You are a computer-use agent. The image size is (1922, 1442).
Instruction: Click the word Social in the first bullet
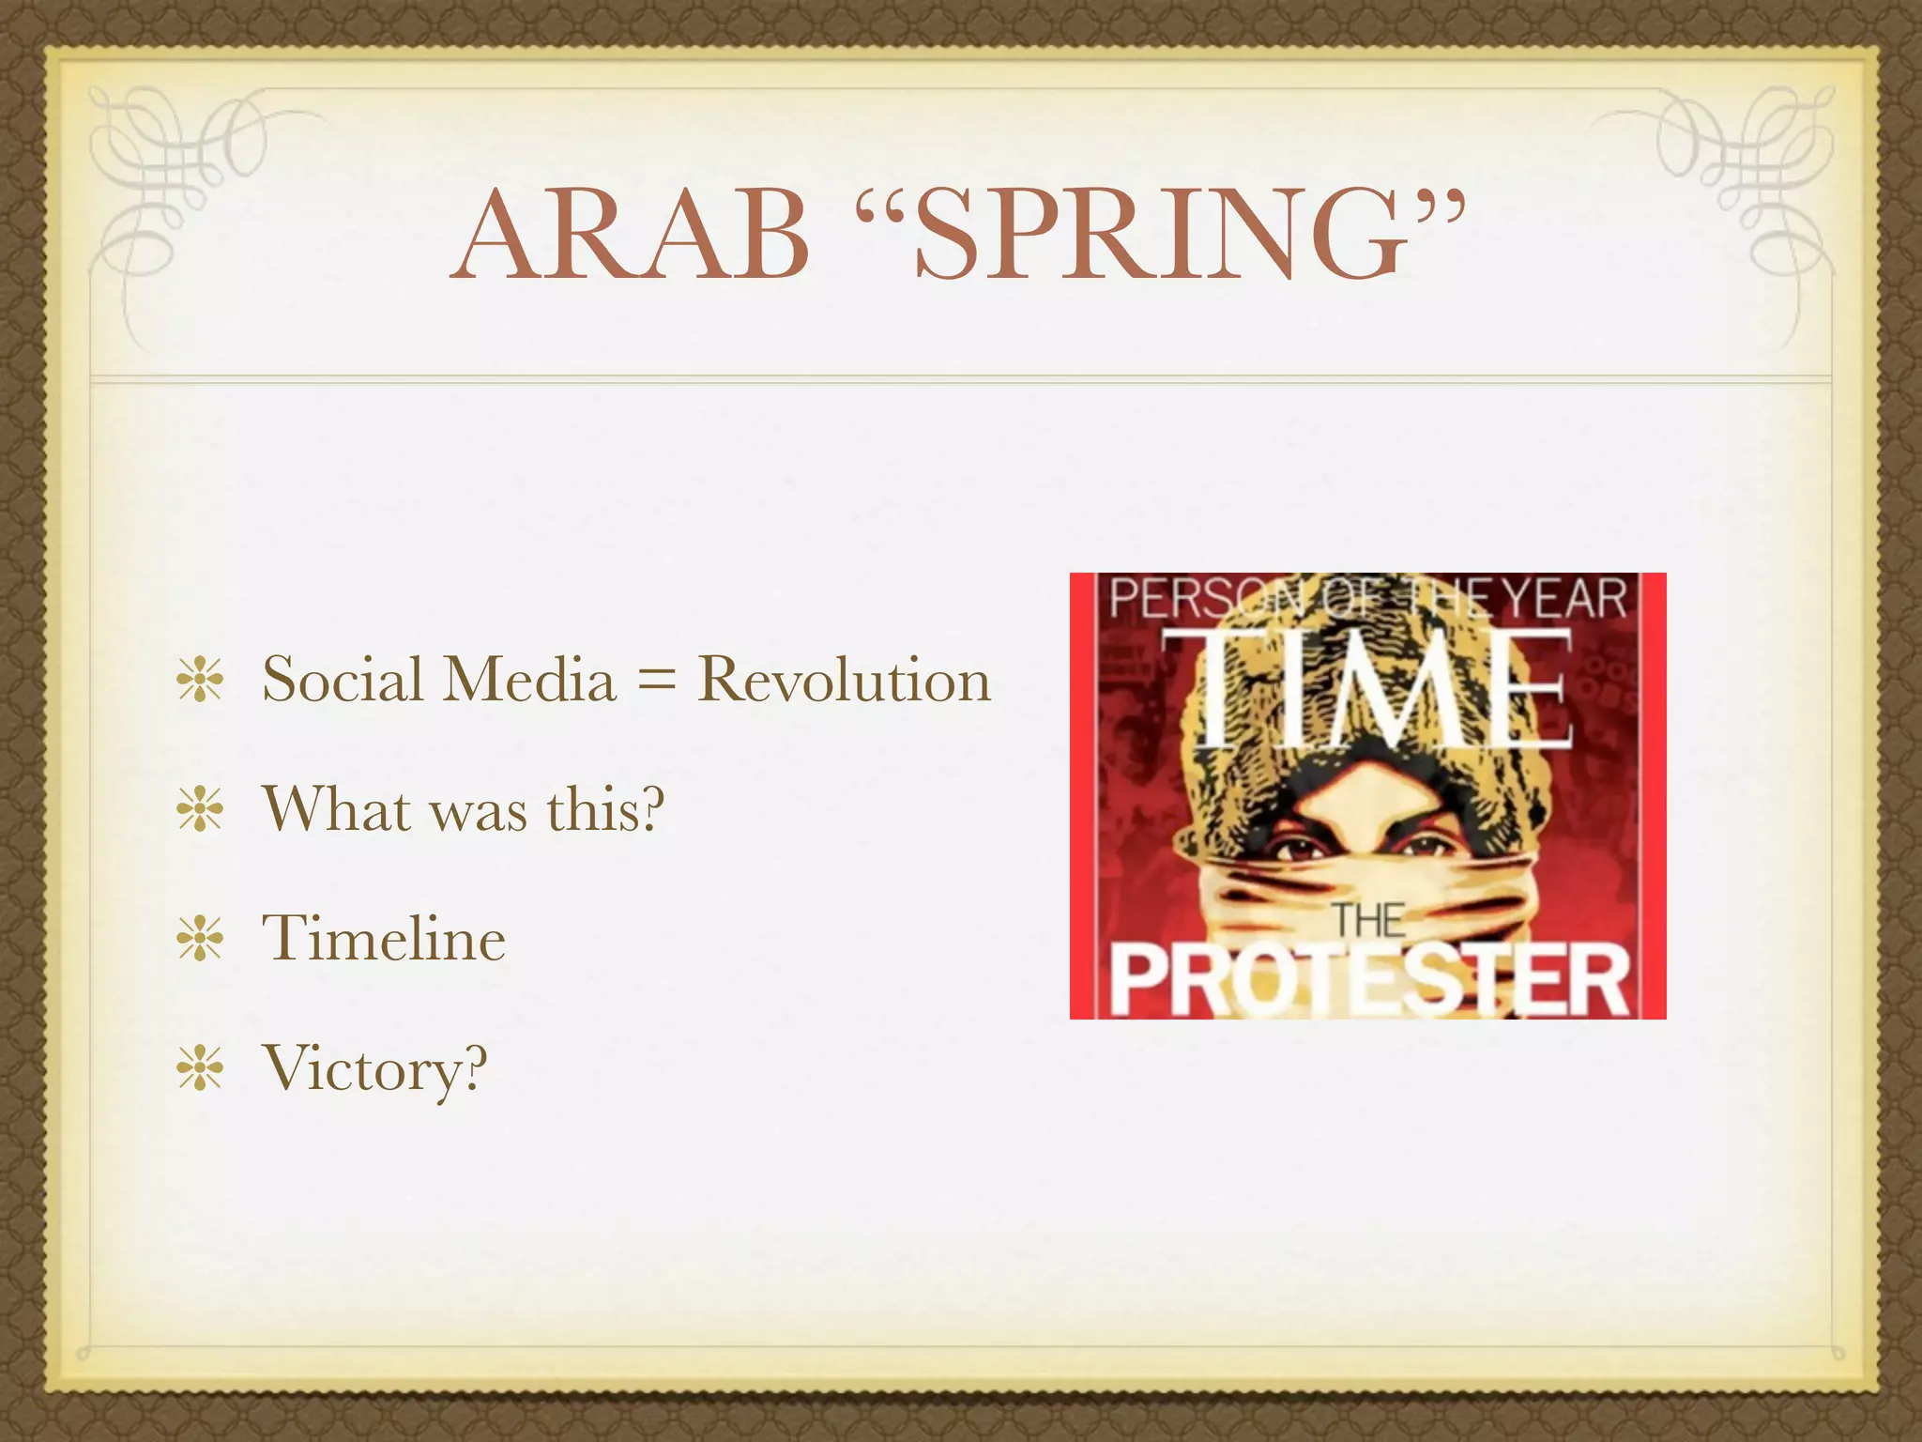pyautogui.click(x=343, y=679)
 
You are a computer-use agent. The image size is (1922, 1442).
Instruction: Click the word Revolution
pyautogui.click(x=844, y=679)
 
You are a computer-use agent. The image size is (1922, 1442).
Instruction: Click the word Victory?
pyautogui.click(x=375, y=1068)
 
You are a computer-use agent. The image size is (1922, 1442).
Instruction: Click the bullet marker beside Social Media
pyautogui.click(x=199, y=681)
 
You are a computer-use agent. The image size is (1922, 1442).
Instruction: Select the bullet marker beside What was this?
pyautogui.click(x=199, y=809)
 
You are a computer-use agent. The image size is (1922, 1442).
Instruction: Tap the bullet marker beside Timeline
pyautogui.click(x=199, y=939)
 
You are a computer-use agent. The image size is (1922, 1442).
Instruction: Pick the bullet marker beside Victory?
pyautogui.click(x=199, y=1068)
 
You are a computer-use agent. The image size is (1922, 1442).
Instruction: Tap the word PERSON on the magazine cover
pyautogui.click(x=1187, y=598)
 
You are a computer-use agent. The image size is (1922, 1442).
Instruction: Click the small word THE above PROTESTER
pyautogui.click(x=1369, y=920)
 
